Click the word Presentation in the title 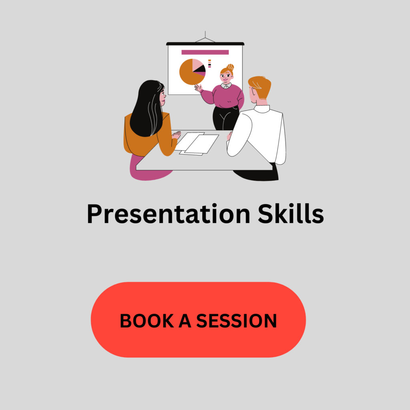click(x=169, y=214)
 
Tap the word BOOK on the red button click(x=147, y=321)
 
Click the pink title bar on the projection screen click(x=205, y=52)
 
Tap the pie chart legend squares click(x=209, y=64)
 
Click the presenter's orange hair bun click(x=230, y=67)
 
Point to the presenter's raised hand click(x=198, y=87)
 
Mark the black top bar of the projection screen click(x=205, y=44)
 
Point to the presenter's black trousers click(x=225, y=118)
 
